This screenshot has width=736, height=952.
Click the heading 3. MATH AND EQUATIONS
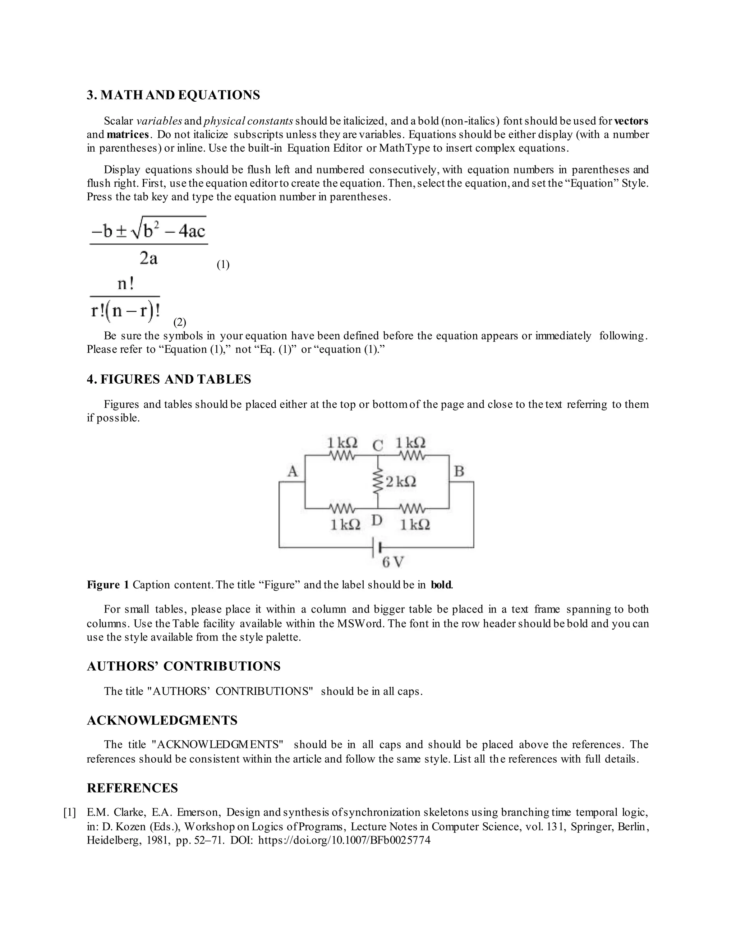point(173,95)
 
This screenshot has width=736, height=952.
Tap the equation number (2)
point(180,322)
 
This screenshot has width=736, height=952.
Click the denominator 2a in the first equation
point(149,259)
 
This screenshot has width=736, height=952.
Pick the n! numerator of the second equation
point(125,284)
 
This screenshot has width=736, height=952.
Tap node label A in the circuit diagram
point(293,471)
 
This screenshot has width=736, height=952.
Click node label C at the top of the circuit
point(378,445)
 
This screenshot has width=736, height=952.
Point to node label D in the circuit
point(377,521)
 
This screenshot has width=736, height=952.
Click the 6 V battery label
point(393,562)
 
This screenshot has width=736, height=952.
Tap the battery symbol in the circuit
point(377,547)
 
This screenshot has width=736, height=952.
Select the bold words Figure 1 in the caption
point(108,585)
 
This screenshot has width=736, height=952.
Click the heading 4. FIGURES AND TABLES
point(169,379)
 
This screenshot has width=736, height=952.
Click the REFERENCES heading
point(132,788)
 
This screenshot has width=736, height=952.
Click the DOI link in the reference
point(344,840)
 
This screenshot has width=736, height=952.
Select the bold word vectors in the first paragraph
point(631,121)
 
